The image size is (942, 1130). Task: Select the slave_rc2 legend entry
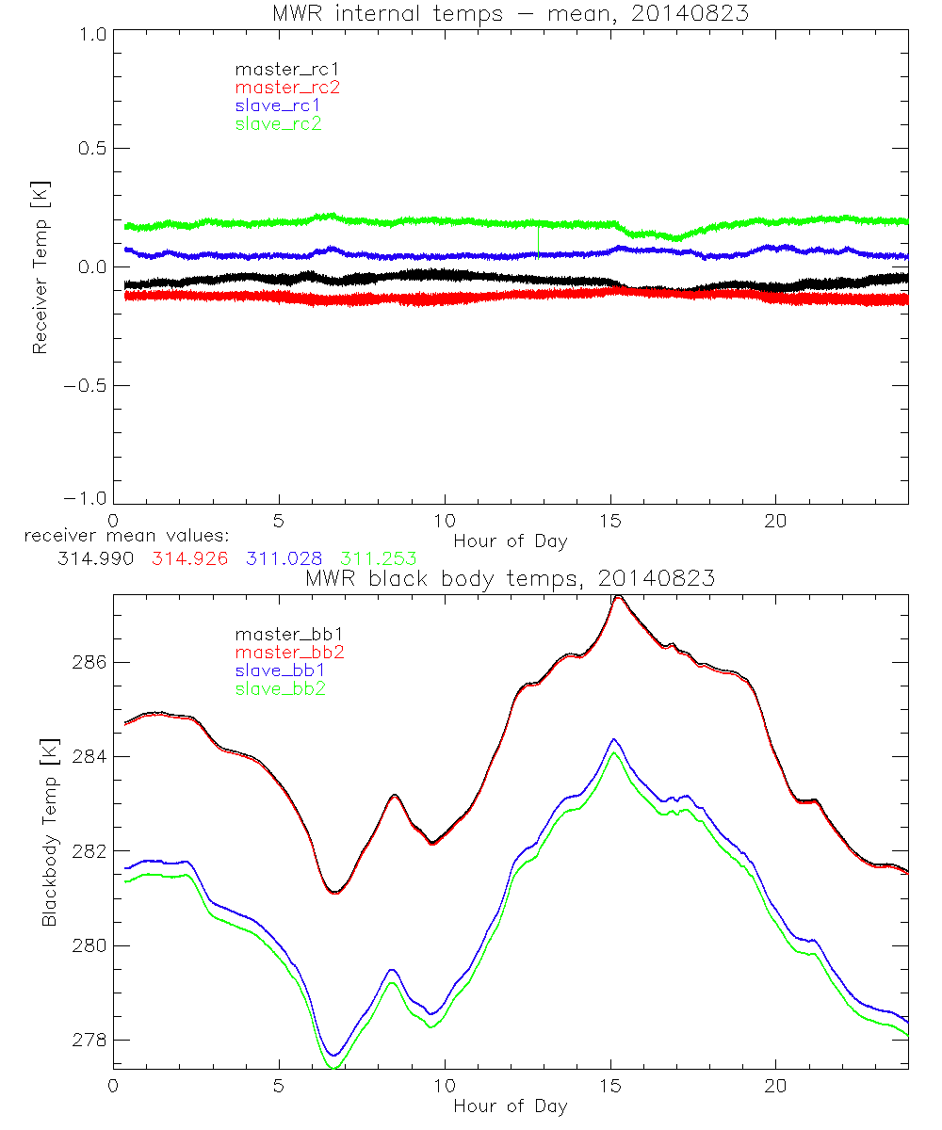(278, 123)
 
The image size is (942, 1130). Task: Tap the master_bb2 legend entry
(287, 652)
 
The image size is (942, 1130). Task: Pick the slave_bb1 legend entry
(281, 670)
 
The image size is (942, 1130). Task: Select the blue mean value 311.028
(280, 559)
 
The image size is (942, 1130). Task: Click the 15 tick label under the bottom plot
(610, 1088)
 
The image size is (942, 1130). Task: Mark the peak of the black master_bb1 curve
(618, 596)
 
